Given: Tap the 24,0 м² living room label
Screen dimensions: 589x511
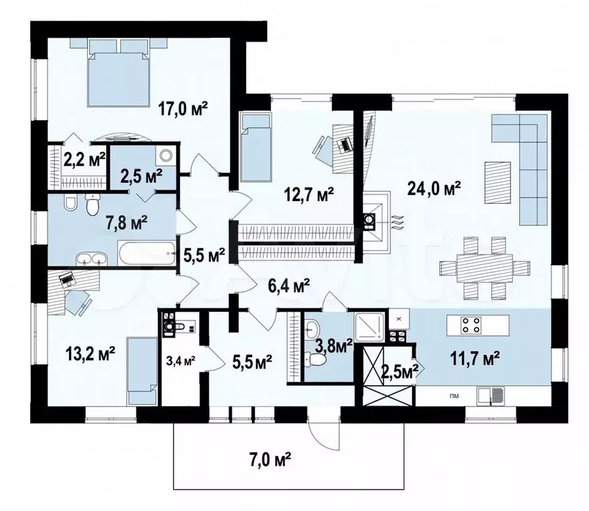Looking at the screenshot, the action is (x=434, y=189).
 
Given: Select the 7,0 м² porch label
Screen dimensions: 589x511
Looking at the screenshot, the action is (x=270, y=460).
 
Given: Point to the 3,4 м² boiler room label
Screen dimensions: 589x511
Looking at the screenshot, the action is (x=181, y=362).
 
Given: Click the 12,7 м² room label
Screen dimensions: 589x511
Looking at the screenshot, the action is (x=310, y=195).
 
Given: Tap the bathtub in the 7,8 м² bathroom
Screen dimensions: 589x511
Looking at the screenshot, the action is (x=147, y=253).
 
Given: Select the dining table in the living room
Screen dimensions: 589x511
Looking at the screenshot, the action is (x=484, y=268).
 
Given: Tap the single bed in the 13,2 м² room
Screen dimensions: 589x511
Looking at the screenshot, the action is (x=142, y=371).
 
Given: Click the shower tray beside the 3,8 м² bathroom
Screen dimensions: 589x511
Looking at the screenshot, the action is (x=370, y=327).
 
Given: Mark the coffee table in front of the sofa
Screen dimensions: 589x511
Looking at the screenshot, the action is (x=498, y=183).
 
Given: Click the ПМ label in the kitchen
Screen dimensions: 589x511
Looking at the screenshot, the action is (x=454, y=396).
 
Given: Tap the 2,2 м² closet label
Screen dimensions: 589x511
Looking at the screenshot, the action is (x=85, y=161).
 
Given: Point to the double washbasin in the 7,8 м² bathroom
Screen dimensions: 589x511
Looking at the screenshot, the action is (x=92, y=258).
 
